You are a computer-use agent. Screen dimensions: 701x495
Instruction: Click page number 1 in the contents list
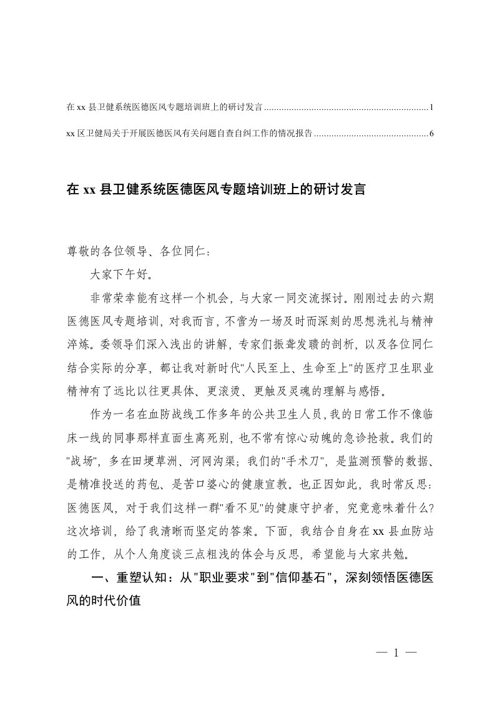coord(431,107)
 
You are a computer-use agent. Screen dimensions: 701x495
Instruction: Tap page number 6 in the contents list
coord(431,133)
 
